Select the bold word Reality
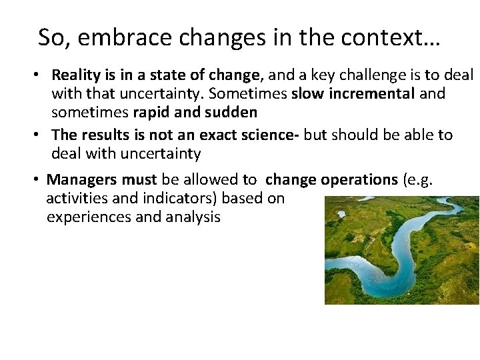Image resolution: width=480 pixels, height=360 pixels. tap(75, 75)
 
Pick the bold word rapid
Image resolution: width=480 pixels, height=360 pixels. tap(152, 112)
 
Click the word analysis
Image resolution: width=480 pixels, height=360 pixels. tap(195, 217)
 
